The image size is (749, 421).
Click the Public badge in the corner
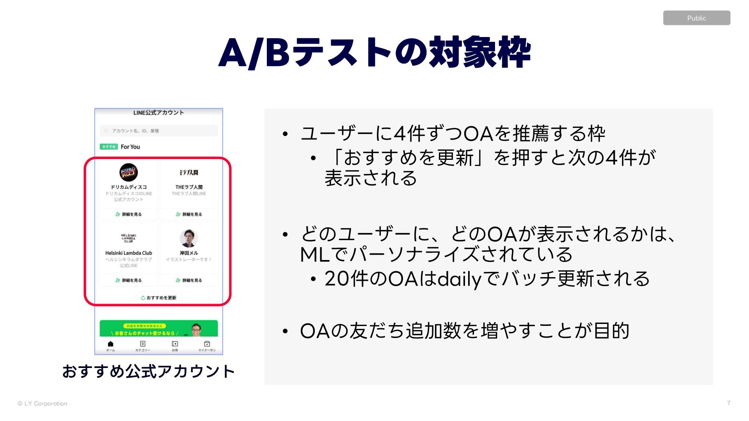[696, 18]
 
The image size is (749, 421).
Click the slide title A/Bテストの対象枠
[374, 53]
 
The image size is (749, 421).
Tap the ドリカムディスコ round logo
[128, 172]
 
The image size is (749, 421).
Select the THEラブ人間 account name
[189, 187]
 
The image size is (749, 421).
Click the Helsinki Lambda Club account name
[128, 253]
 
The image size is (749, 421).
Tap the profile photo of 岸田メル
[189, 238]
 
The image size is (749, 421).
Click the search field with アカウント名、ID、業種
[159, 131]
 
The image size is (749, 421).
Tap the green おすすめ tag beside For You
[109, 147]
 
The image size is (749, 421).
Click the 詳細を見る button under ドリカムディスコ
[128, 214]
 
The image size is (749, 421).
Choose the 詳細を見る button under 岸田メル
[189, 280]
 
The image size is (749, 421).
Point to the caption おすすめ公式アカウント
[148, 371]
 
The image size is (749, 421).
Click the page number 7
[728, 403]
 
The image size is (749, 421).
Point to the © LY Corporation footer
[43, 403]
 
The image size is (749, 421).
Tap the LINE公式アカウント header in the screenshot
[158, 113]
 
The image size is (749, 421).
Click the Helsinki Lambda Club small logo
[128, 238]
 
